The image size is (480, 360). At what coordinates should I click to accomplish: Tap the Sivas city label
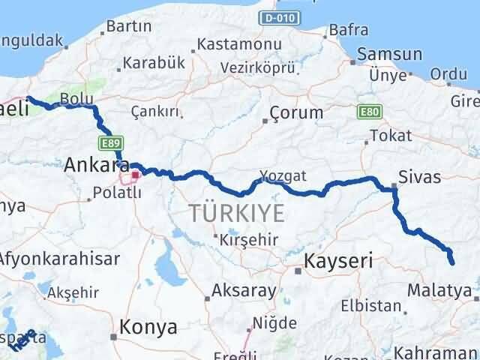421,177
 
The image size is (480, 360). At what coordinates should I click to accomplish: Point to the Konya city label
149,327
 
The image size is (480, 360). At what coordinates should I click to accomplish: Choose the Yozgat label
283,175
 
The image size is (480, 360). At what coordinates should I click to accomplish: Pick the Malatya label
440,289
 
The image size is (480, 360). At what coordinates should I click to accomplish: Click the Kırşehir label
249,240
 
